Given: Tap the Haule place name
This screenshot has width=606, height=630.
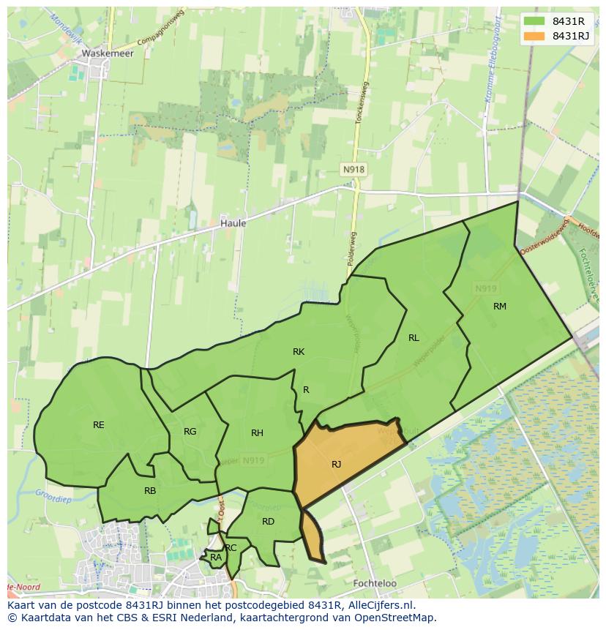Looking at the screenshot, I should pos(233,223).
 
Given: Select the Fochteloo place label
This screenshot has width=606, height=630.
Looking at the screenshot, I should pos(374,583).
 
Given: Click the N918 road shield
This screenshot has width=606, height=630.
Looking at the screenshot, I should pos(353,170).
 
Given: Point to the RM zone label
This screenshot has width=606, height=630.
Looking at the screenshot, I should pos(500,307).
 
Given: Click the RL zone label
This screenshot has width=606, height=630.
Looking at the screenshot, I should pos(414,338).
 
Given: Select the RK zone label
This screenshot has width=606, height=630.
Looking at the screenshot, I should pos(299,352).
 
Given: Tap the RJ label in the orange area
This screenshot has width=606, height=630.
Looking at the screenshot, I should pos(336,465).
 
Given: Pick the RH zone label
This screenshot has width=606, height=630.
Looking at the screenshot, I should pos(257,433).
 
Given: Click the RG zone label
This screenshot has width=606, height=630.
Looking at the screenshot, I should pos(190,432).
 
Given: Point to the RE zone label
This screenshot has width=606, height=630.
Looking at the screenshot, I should pos(99,425).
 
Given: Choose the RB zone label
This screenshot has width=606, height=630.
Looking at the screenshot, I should pos(150,491).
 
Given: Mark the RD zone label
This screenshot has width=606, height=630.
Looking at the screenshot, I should pos(268,522).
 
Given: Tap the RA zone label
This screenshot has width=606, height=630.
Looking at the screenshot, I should pos(216,558).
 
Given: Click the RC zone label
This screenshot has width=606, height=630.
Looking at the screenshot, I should pos(231,548).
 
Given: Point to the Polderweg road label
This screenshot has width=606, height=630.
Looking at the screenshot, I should pos(353,249).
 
